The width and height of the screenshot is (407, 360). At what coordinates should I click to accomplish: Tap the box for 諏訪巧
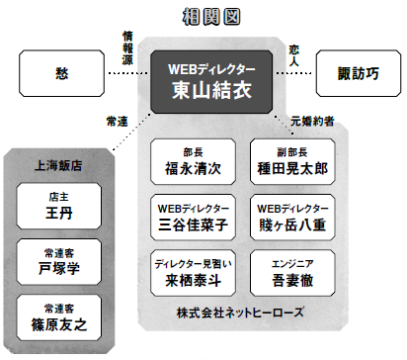click(x=355, y=74)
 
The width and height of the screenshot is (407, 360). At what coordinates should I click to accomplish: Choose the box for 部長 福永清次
click(x=194, y=160)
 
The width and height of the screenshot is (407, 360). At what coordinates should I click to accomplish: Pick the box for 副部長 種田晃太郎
click(x=291, y=160)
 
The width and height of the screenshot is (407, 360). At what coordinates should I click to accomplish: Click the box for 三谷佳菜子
click(x=194, y=217)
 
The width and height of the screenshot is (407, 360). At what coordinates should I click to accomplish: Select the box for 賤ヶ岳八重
click(x=291, y=217)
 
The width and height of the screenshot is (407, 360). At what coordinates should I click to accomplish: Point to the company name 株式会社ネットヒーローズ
click(x=243, y=313)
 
